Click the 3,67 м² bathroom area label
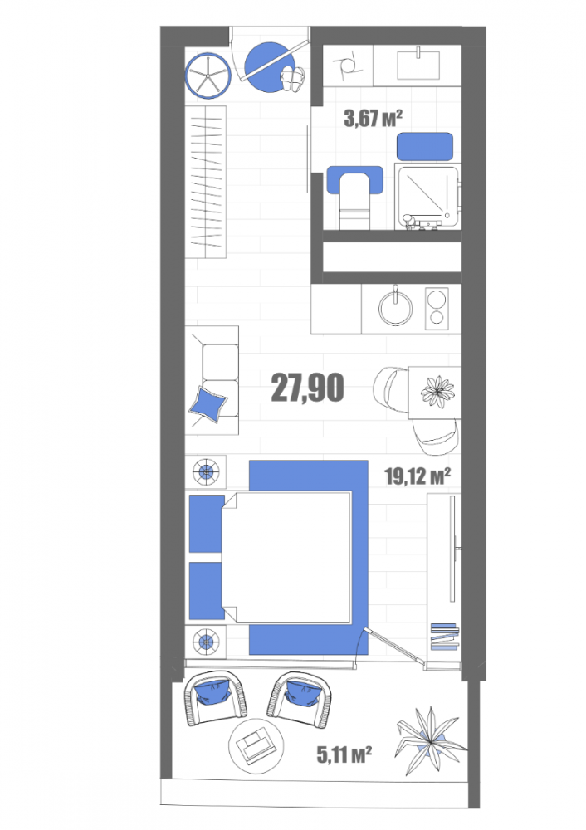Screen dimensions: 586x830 [374, 118]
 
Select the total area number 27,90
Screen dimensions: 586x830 [308, 388]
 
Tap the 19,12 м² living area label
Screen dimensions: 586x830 [418, 476]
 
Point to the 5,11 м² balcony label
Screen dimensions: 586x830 [344, 754]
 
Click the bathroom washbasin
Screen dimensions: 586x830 [418, 64]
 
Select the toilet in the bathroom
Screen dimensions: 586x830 [354, 196]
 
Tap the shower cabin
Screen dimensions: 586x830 [427, 197]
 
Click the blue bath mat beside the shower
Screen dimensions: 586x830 [425, 147]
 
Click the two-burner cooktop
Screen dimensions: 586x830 [437, 307]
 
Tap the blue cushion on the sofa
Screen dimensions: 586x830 [208, 404]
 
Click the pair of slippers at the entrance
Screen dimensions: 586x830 [293, 80]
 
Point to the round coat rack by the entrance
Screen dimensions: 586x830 [208, 76]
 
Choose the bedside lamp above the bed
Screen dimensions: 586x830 [205, 471]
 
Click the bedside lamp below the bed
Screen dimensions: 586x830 [205, 642]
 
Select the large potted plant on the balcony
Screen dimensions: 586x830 [429, 739]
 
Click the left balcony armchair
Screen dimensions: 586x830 [216, 697]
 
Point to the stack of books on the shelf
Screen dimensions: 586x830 [443, 637]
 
